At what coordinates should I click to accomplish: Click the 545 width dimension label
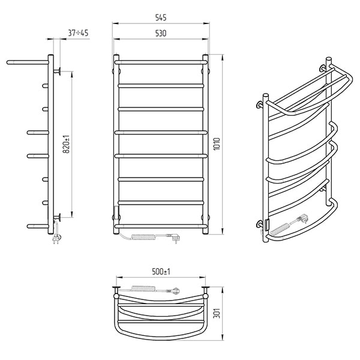(161, 17)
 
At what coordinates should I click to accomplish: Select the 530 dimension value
(161, 33)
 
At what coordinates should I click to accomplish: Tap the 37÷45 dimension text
(78, 33)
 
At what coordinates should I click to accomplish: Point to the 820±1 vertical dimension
(66, 144)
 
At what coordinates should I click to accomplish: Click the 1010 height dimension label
(217, 144)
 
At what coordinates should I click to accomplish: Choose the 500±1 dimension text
(161, 272)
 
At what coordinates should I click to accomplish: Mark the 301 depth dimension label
(217, 313)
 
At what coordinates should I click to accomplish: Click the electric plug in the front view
(174, 238)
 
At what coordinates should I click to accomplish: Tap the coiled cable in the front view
(143, 237)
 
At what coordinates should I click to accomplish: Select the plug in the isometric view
(303, 218)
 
